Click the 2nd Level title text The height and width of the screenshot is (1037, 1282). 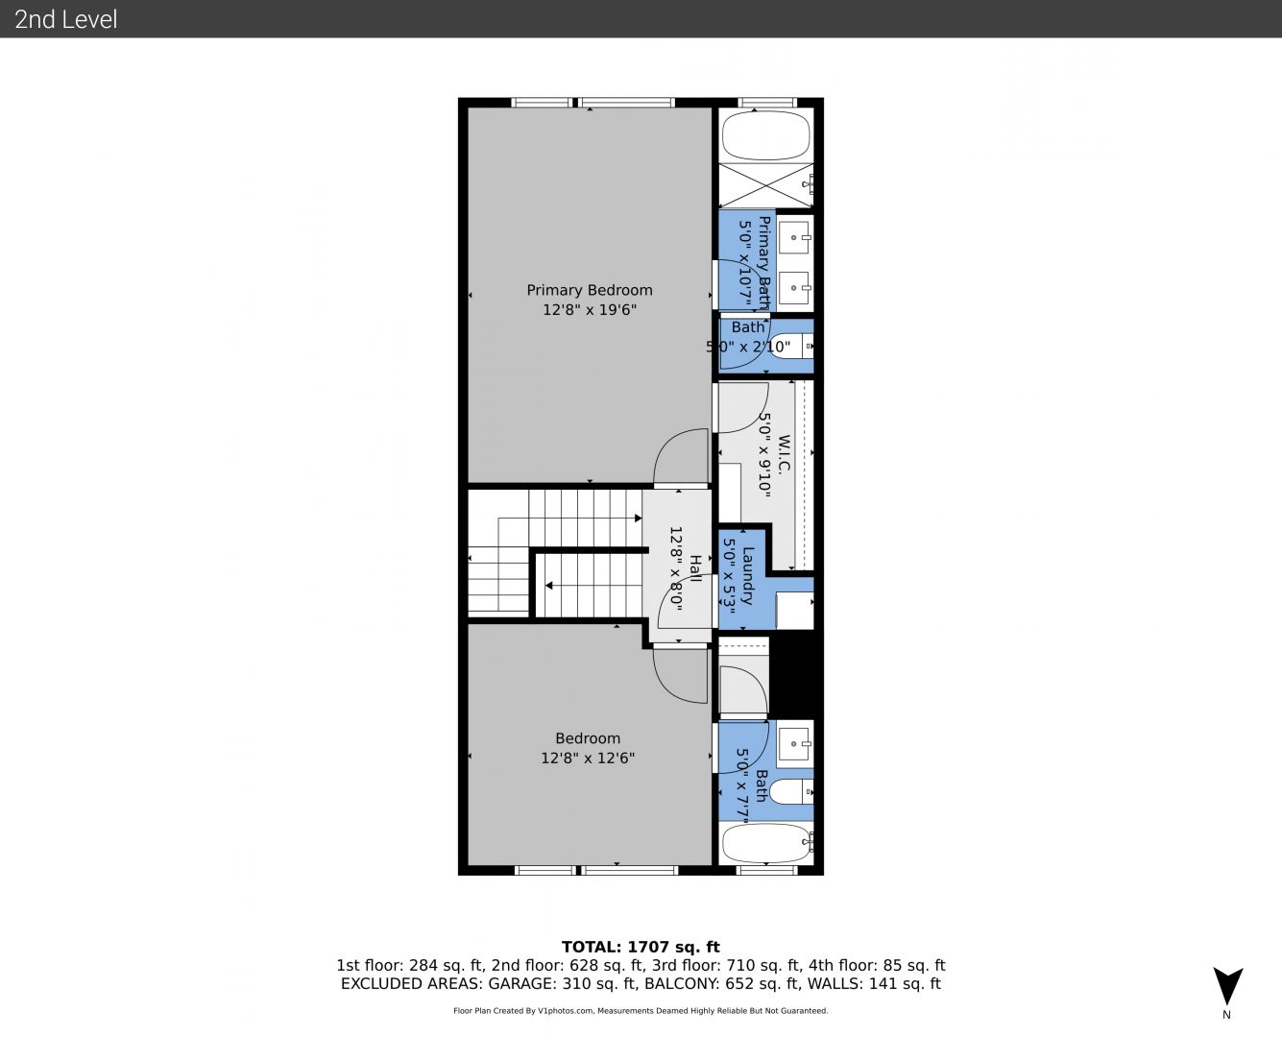[65, 19]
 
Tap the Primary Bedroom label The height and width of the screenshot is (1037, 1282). [590, 290]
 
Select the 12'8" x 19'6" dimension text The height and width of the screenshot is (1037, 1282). [590, 310]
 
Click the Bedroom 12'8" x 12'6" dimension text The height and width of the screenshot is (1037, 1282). [588, 758]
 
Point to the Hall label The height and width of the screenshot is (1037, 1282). [694, 568]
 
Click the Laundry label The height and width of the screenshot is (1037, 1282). [747, 575]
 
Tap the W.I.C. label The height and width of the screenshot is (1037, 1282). [783, 454]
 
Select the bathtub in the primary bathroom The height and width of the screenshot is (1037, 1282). [766, 136]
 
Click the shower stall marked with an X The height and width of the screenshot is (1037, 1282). [766, 184]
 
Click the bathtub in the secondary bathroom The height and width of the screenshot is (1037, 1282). [767, 843]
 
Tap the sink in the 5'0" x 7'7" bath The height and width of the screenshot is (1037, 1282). [794, 744]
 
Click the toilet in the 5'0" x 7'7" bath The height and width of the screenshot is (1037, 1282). [791, 791]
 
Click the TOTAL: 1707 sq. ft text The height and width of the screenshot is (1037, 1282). [641, 947]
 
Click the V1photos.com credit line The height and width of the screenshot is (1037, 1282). [641, 1011]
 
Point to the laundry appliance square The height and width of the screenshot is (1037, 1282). [794, 611]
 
